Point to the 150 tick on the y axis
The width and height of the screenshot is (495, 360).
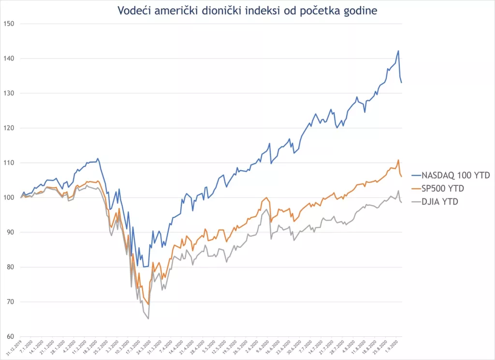9,24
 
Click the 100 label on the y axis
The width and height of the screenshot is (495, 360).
9,197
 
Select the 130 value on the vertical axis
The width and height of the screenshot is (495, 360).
9,93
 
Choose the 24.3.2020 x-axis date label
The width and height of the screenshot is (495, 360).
143,348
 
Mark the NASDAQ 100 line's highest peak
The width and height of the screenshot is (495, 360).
398,51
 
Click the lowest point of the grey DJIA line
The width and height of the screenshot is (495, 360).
148,319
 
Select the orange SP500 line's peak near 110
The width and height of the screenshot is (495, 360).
398,160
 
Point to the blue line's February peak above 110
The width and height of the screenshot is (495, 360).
98,158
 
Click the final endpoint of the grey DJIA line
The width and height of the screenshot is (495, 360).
401,202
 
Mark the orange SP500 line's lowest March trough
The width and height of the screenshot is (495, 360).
148,304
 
